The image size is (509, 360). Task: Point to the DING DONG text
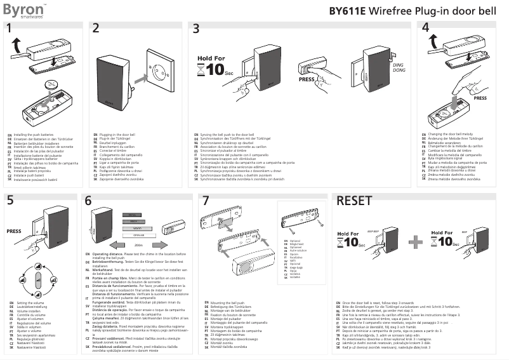tap(398, 68)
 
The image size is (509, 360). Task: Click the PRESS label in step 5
tap(14, 232)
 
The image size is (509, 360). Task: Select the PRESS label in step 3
tap(306, 80)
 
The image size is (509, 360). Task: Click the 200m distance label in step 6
tap(138, 244)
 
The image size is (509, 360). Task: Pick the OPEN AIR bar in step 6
tap(138, 234)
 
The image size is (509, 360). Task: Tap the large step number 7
tap(205, 201)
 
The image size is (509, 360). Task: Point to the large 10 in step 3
tap(215, 69)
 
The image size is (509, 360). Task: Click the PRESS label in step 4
tap(480, 98)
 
